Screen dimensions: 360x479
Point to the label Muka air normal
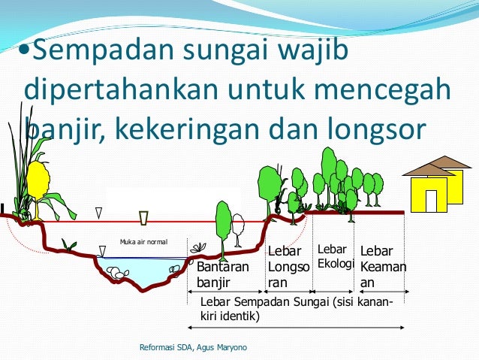(x=143, y=242)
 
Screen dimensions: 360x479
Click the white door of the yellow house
(x=431, y=201)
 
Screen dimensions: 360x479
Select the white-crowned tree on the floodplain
(x=238, y=225)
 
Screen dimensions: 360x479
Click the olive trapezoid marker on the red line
(x=144, y=218)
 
